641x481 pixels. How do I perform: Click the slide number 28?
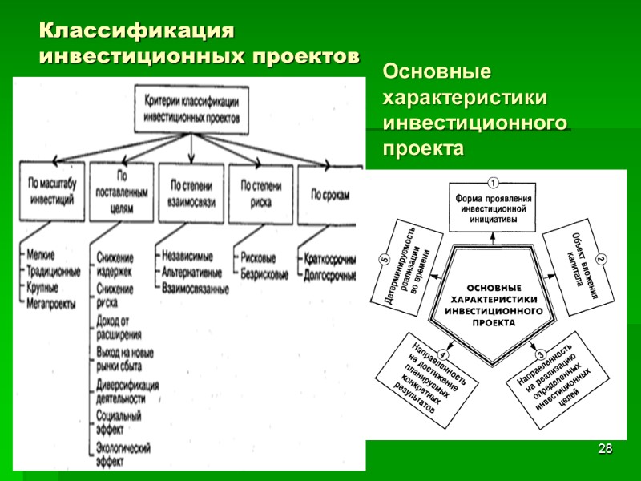[607, 448]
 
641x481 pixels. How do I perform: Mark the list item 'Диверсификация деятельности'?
[127, 391]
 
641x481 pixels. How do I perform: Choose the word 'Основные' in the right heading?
[437, 72]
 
